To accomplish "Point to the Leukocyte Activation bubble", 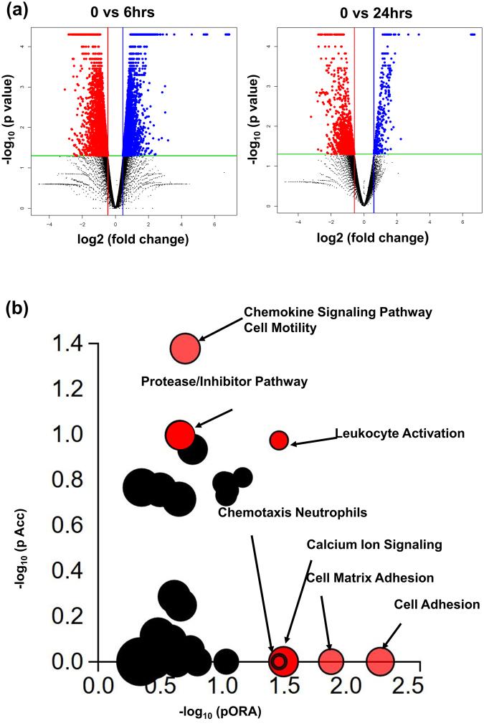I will pos(278,440).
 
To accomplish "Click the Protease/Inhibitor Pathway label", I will pos(224,382).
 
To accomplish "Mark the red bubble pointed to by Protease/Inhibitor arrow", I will pos(179,434).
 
